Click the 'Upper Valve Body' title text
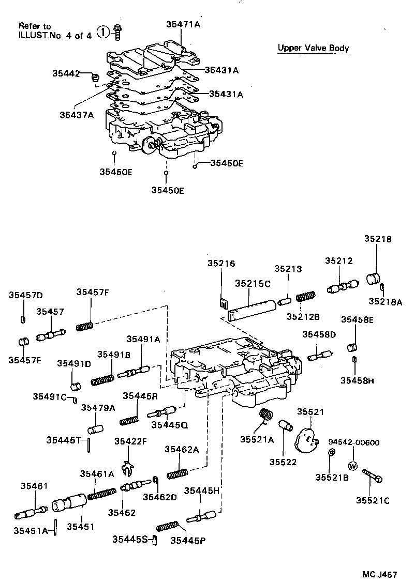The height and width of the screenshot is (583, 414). click(313, 48)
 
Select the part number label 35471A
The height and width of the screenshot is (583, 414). click(183, 24)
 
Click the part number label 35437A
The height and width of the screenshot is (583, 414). click(76, 115)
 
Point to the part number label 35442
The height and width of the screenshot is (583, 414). click(66, 73)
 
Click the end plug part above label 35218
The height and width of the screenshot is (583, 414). click(374, 278)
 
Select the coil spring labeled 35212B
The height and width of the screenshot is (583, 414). click(305, 298)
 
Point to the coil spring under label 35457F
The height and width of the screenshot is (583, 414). click(84, 326)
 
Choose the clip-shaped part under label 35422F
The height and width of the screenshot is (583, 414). click(127, 467)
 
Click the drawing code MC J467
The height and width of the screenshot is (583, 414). click(379, 574)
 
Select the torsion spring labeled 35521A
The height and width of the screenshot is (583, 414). click(265, 415)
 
